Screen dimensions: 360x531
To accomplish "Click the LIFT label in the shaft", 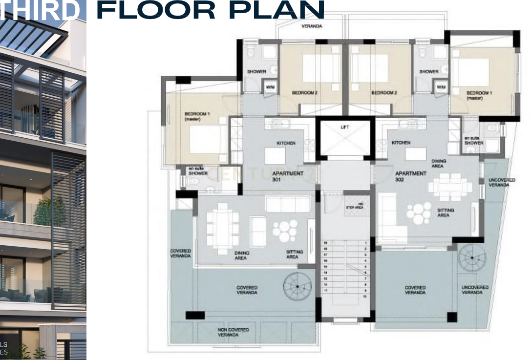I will click(345, 127).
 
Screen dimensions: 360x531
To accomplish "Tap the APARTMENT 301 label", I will click(288, 176).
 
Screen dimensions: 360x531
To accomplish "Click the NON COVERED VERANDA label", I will click(233, 332).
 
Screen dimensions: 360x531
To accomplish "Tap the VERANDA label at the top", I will click(312, 26).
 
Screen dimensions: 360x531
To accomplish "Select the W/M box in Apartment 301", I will click(270, 87).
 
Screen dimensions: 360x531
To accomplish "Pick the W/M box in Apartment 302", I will click(441, 87).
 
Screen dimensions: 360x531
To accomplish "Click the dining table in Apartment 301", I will click(222, 229).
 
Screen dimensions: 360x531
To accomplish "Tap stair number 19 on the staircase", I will click(325, 243).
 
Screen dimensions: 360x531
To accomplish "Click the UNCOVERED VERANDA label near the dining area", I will click(502, 182).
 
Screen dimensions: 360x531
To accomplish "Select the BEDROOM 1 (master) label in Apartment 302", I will click(478, 95).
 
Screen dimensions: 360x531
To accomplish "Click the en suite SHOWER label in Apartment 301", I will click(198, 171).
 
